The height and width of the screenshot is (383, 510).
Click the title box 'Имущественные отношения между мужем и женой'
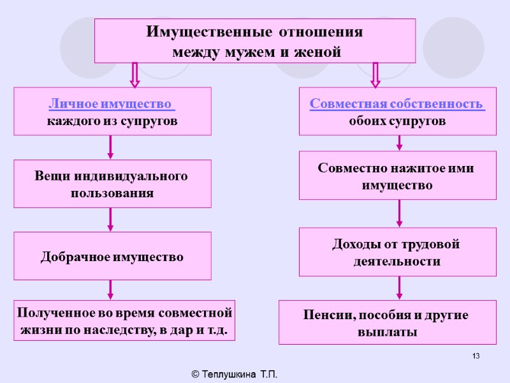(255, 41)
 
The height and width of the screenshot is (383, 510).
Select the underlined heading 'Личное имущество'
(111, 103)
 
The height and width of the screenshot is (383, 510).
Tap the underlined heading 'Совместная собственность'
(397, 103)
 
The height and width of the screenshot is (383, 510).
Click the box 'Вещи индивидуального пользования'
(112, 184)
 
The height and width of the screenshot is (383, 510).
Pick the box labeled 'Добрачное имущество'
(112, 257)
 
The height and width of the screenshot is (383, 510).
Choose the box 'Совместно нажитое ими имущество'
(397, 176)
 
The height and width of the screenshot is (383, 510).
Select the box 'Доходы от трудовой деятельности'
(397, 252)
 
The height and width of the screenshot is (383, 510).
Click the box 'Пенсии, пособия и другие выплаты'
(387, 323)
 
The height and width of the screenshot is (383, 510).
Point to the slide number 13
(476, 356)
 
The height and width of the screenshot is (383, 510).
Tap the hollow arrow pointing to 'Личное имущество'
(135, 75)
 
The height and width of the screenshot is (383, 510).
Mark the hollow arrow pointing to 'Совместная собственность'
(375, 75)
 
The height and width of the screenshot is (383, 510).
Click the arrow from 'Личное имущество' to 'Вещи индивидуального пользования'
(111, 147)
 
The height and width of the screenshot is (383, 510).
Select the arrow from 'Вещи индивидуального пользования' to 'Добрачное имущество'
(111, 219)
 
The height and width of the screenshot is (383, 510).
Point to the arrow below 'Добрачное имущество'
(111, 289)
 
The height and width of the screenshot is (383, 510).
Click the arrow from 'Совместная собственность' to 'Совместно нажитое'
(400, 143)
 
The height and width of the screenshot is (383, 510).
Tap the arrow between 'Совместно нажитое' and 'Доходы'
(400, 214)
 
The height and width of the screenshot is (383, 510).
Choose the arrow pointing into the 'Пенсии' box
(400, 288)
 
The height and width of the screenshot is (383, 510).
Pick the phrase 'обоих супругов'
(397, 121)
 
